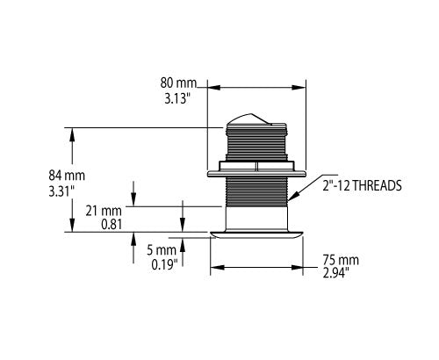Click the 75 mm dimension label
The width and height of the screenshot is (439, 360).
click(342, 261)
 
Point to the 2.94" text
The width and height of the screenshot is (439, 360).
click(342, 273)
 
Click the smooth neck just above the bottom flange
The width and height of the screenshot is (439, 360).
click(256, 218)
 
